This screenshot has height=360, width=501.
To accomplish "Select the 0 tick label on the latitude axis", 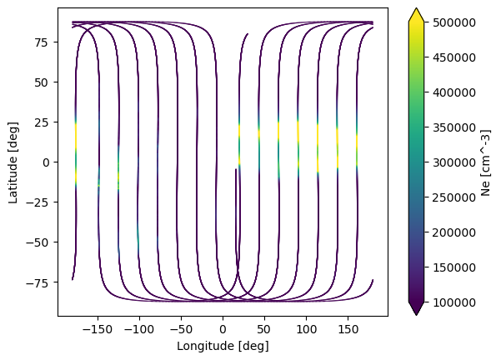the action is (47, 162).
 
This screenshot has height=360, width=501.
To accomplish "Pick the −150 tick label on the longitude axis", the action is (98, 329).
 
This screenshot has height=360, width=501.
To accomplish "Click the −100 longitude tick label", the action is (139, 329).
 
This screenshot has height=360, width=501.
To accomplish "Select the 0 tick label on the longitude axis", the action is (223, 329).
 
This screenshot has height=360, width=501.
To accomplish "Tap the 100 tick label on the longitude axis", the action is (306, 329).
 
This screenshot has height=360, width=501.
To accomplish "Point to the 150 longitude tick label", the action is (348, 329).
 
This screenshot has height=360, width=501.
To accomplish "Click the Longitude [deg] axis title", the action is (223, 346).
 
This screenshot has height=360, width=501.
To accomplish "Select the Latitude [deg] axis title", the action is (13, 162).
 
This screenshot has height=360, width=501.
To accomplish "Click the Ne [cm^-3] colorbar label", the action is (485, 162).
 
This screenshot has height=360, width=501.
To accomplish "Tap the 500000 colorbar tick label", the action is (453, 22).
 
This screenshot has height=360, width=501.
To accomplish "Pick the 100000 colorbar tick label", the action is (453, 302).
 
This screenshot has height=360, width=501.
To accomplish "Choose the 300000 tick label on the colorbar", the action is (453, 162).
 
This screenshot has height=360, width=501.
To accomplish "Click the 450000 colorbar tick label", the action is (453, 57).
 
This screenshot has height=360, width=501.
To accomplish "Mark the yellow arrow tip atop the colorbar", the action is (416, 8).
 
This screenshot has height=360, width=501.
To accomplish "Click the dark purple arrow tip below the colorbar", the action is (416, 315).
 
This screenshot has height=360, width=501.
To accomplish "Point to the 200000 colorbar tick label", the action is (453, 232).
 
